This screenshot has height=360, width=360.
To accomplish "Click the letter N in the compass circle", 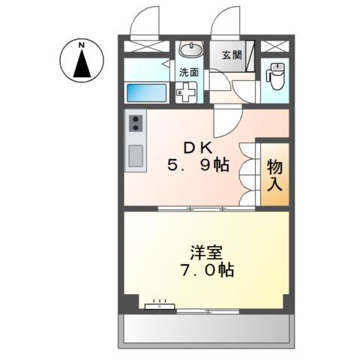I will pyautogui.click(x=80, y=47).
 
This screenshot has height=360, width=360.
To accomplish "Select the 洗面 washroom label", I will pyautogui.click(x=188, y=73).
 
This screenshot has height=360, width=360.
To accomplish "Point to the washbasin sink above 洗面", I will pyautogui.click(x=191, y=51).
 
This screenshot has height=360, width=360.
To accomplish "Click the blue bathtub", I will pyautogui.click(x=145, y=93).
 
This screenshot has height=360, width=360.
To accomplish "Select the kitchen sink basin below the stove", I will pyautogui.click(x=136, y=155).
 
